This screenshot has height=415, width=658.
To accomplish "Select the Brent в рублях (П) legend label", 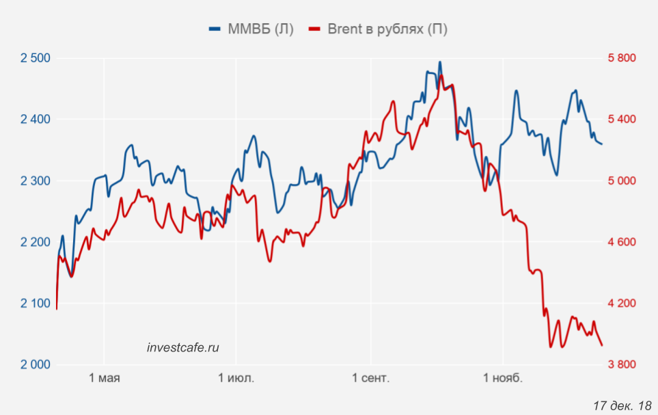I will coord(387,29).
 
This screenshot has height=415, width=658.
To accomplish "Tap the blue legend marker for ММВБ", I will coord(215,29).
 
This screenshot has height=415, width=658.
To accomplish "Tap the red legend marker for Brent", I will coord(315,29).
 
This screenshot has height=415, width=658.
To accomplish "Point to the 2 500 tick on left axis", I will coord(36,58).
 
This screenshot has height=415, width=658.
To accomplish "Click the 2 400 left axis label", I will coord(36,120).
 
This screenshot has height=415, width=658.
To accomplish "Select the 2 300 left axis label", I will coord(36,181).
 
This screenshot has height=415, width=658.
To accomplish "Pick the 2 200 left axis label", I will coord(36,242).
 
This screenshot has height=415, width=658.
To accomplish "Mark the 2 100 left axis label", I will coord(36,304).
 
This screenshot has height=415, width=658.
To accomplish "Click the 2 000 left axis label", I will coord(36,364).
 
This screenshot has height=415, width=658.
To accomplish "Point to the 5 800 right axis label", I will coord(621,58).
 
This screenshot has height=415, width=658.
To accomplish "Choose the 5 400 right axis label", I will coord(621,120).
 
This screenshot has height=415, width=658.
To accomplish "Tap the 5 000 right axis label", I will coord(621,181).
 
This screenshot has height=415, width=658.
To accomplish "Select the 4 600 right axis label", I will coord(621,242).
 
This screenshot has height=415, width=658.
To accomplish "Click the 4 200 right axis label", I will coord(621,304).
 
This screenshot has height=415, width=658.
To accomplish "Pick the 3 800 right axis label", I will coord(621,364).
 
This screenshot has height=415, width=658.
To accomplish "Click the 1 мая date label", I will coord(105,378).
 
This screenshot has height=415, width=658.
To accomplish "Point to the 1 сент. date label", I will coord(371,378).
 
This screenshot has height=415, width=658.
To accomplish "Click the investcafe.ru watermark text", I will coord(183,347).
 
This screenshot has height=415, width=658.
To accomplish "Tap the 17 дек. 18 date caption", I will coord(622,405).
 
